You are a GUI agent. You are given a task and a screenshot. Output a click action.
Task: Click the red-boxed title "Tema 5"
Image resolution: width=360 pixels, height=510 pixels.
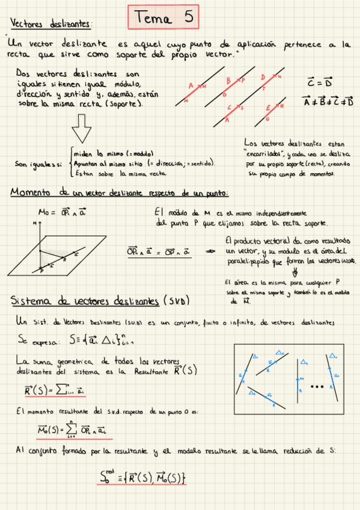tap(164, 18)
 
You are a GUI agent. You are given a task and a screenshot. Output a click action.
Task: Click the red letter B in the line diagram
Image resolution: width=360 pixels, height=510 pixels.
tap(228, 81)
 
